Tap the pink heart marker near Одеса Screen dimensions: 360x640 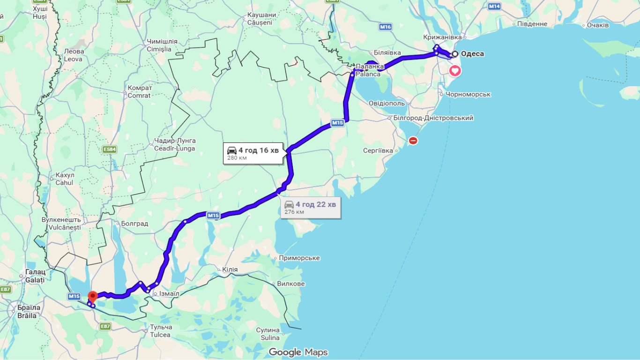point(455,71)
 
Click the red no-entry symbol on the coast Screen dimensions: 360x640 point(413,140)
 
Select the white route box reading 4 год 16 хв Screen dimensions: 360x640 point(253,153)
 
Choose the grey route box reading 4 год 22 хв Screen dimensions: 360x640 point(311,208)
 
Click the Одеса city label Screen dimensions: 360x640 point(472,54)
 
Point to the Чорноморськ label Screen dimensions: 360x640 point(468,94)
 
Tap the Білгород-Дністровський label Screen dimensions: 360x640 point(433,118)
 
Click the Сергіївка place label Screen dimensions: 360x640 point(378,151)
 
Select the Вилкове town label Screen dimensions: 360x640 point(290,284)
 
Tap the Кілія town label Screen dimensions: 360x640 point(230,270)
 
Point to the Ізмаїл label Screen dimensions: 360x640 point(169,294)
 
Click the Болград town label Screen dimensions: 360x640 point(134,224)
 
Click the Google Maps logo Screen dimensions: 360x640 point(298,352)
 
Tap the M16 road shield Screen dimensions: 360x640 point(385,27)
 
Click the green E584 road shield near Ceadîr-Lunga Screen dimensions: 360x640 point(109,150)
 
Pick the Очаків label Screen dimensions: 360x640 point(597,25)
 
